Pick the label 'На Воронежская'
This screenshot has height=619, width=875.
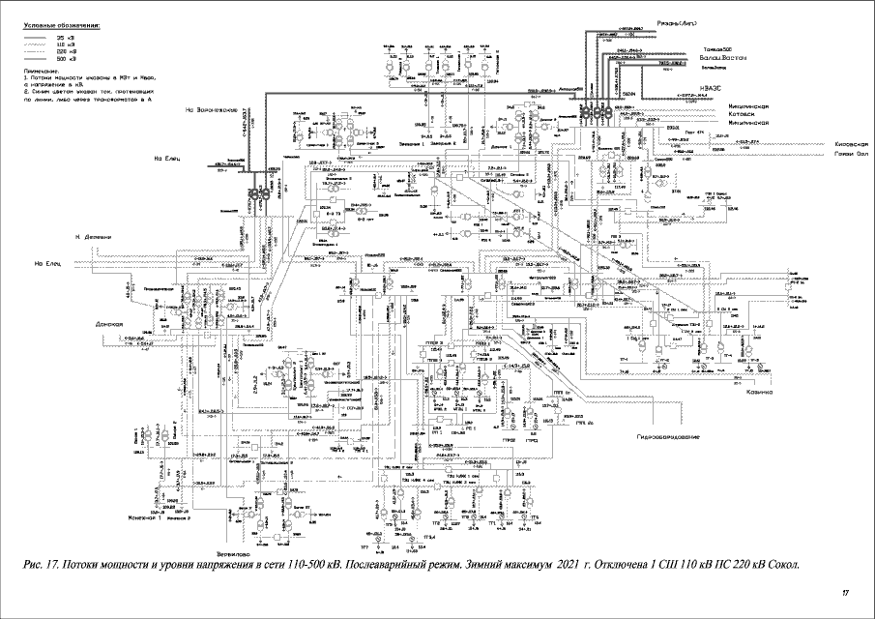(213, 109)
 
